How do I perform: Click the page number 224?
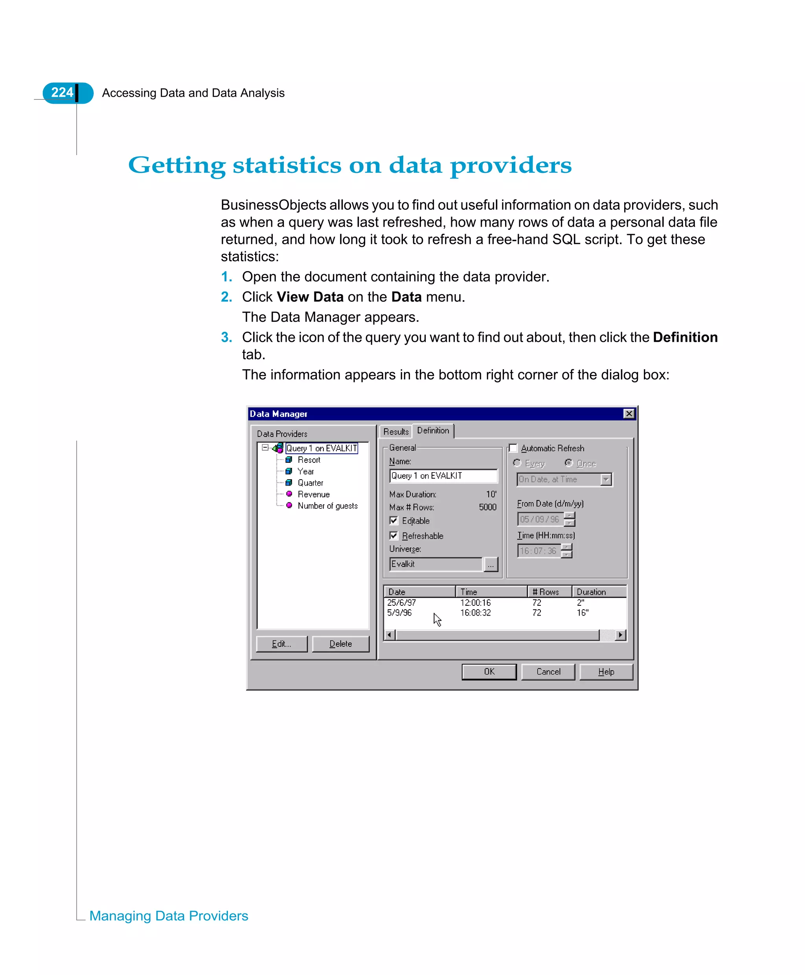[62, 93]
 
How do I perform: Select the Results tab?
[395, 431]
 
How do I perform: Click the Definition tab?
[433, 431]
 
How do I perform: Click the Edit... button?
[281, 644]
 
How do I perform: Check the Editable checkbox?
[394, 520]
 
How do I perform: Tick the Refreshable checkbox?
[394, 536]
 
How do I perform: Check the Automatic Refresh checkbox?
[513, 448]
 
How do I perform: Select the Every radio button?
[517, 463]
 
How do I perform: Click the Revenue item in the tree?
[313, 495]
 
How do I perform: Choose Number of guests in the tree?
[327, 506]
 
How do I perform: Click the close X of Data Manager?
[629, 413]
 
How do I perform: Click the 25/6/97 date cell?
[402, 603]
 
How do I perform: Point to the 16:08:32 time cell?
[475, 613]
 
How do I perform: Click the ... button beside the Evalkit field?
[490, 564]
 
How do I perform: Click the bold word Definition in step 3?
[685, 337]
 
